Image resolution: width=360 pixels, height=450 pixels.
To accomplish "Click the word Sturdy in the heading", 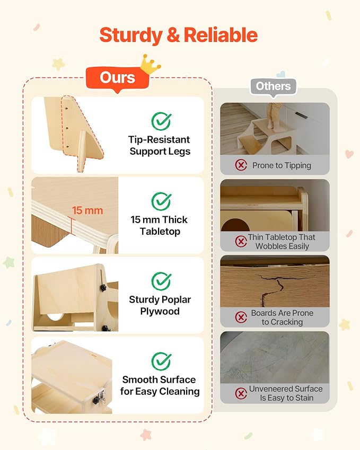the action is click(130, 36).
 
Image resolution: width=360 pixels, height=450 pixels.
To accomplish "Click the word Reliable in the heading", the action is click(221, 35).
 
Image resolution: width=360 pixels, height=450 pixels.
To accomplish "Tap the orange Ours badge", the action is click(117, 78).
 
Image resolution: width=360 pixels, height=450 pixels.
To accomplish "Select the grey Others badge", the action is click(273, 86).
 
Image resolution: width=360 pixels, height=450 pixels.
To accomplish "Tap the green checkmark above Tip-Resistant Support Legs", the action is click(161, 121).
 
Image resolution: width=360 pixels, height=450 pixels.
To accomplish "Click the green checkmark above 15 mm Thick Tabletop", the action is click(161, 201).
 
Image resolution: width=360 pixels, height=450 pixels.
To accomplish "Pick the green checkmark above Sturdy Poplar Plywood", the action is click(161, 281).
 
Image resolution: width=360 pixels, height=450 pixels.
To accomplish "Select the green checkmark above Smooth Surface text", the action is click(161, 361).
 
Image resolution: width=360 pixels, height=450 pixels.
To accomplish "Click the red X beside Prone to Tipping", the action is click(241, 165).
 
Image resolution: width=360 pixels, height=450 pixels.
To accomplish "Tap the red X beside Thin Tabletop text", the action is click(241, 241).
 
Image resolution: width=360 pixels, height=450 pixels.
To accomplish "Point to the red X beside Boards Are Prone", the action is click(241, 317).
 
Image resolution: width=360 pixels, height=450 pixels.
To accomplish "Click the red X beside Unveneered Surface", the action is click(241, 393).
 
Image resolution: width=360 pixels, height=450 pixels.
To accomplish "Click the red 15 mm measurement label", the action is click(87, 210).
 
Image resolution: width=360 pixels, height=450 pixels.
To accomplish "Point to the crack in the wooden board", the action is click(271, 288).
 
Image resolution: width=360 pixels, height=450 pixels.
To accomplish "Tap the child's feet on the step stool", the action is click(272, 126).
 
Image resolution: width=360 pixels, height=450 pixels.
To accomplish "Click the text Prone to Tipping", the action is click(282, 165).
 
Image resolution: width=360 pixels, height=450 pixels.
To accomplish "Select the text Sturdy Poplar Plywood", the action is click(160, 305).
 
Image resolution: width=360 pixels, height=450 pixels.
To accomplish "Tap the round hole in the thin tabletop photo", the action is click(235, 225).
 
